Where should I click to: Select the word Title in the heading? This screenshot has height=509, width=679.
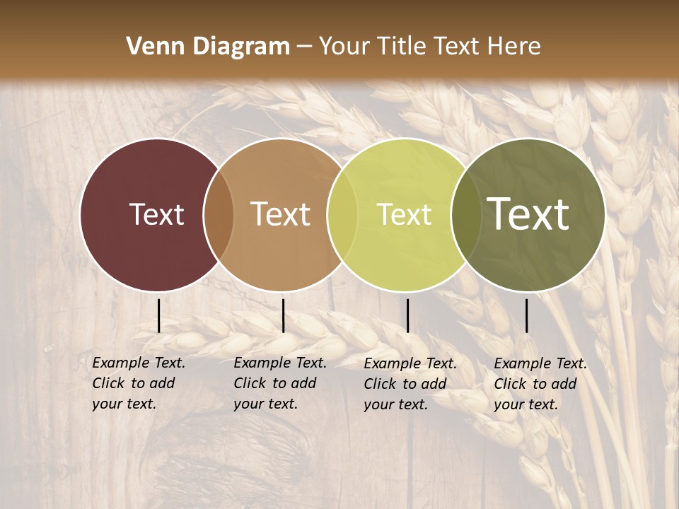click(404, 47)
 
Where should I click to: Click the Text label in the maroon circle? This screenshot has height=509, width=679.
click(156, 214)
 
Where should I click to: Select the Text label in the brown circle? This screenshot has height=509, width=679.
click(281, 214)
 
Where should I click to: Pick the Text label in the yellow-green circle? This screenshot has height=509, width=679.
click(404, 214)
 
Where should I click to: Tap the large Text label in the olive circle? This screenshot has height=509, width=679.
click(528, 214)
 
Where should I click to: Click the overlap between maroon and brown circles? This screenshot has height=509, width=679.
click(219, 214)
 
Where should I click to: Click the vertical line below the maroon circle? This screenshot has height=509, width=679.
click(159, 315)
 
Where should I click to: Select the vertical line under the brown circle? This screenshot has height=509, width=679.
click(284, 315)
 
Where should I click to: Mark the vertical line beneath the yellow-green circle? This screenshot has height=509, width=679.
click(408, 315)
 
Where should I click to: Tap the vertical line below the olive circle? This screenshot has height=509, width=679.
click(527, 315)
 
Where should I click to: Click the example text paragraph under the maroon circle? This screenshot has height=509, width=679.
click(139, 383)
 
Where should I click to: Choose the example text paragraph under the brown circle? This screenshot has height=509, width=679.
click(280, 383)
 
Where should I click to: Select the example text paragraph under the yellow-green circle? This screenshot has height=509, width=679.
click(410, 384)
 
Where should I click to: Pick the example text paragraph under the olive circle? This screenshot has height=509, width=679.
click(540, 384)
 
